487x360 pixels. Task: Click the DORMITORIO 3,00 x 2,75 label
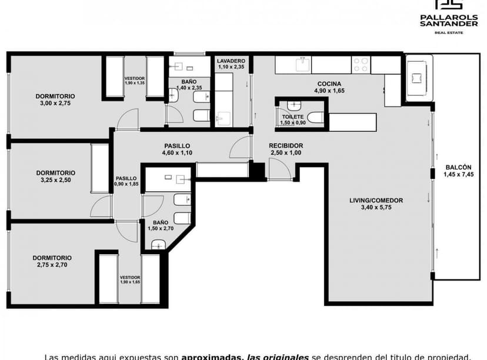pyautogui.click(x=55, y=99)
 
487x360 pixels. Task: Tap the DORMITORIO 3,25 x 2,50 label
pyautogui.click(x=56, y=176)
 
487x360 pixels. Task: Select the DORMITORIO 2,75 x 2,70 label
pyautogui.click(x=52, y=261)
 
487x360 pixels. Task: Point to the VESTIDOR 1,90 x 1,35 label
pyautogui.click(x=135, y=81)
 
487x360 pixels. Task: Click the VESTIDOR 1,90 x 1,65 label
pyautogui.click(x=130, y=279)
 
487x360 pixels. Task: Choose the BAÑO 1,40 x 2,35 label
pyautogui.click(x=189, y=84)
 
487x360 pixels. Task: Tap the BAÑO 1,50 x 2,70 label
pyautogui.click(x=160, y=225)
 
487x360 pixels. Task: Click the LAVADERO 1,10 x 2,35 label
pyautogui.click(x=231, y=64)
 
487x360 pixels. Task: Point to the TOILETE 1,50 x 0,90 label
pyautogui.click(x=292, y=119)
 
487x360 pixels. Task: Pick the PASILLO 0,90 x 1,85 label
pyautogui.click(x=126, y=181)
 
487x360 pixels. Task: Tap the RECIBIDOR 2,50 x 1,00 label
pyautogui.click(x=286, y=149)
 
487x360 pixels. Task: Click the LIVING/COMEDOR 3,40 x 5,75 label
pyautogui.click(x=376, y=204)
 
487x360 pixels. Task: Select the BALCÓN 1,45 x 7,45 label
pyautogui.click(x=458, y=170)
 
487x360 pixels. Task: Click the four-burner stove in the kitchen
pyautogui.click(x=361, y=64)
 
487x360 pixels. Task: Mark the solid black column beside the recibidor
pyautogui.click(x=257, y=170)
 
